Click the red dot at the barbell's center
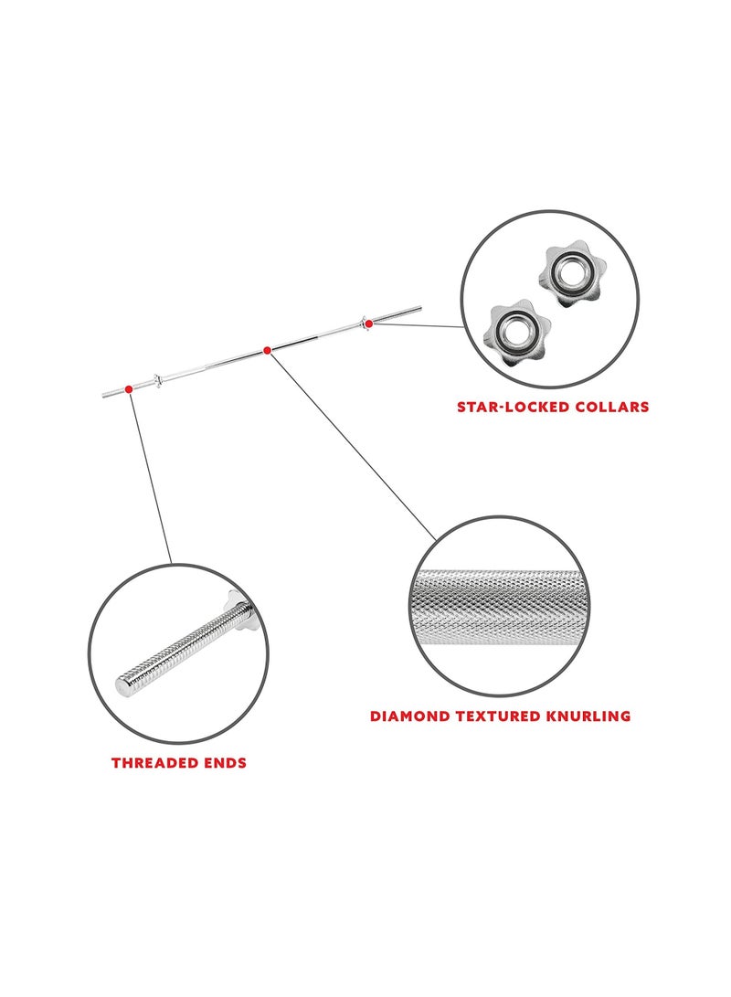point(267,350)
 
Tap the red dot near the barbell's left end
point(129,388)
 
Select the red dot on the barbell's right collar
point(368,323)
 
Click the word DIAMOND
point(409,716)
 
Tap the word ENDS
point(225,763)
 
